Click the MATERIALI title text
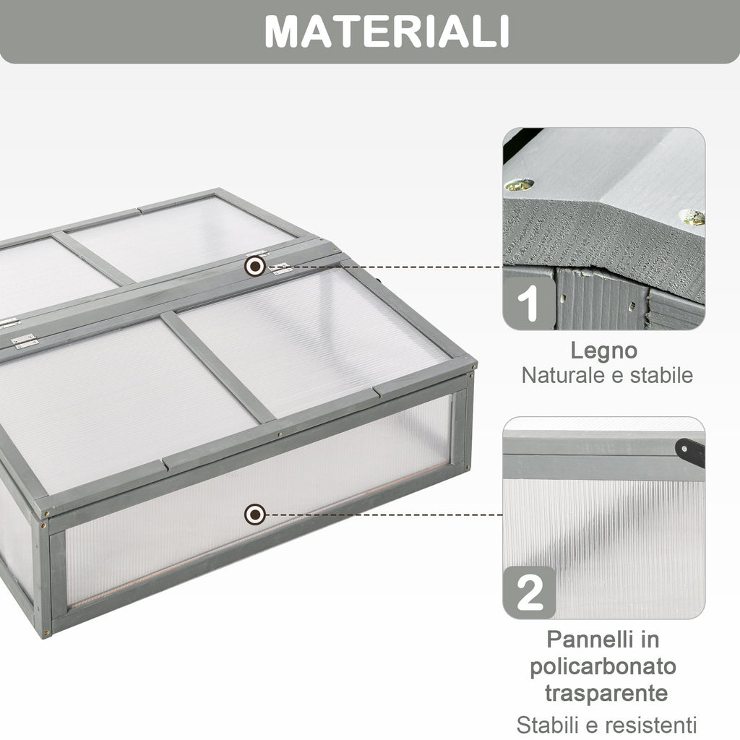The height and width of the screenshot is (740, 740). click(387, 32)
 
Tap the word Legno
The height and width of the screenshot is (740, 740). click(603, 350)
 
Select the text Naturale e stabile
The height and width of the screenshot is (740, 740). click(607, 376)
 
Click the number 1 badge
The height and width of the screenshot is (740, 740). click(529, 303)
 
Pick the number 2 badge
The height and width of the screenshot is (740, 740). click(530, 593)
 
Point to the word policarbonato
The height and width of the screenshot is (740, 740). click(603, 667)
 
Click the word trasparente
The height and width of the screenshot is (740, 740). click(606, 693)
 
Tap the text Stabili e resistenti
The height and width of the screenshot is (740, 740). click(606, 724)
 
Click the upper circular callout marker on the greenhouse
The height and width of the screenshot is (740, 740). click(255, 267)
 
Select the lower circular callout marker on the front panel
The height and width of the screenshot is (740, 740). click(255, 515)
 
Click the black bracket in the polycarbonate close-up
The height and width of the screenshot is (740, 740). click(690, 452)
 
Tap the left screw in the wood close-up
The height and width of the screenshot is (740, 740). click(520, 184)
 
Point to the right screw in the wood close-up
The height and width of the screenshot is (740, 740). click(693, 217)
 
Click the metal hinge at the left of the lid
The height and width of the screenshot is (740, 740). click(24, 341)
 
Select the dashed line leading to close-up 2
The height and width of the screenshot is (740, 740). click(384, 515)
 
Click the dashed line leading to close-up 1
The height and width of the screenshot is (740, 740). click(384, 267)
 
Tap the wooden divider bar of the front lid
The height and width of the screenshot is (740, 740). click(218, 366)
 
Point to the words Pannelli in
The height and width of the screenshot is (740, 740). click(603, 640)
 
